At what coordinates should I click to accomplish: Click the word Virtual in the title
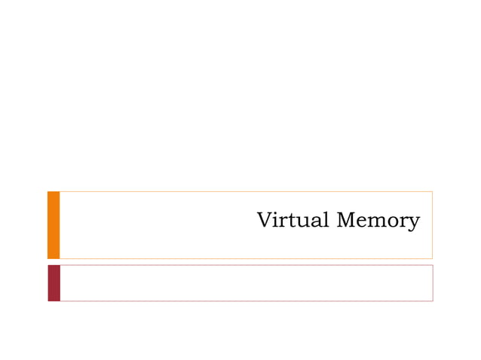pos(293,221)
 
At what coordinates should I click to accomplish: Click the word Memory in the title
pos(378,221)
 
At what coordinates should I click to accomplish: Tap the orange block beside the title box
pos(54,224)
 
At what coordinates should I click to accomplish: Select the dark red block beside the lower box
pos(54,282)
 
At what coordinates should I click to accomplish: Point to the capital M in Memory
pos(346,221)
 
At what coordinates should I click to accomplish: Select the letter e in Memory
pos(362,222)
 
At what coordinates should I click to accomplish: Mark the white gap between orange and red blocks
pos(54,261)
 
